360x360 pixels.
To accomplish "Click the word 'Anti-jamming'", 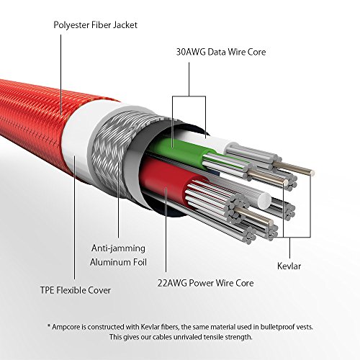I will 112,249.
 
